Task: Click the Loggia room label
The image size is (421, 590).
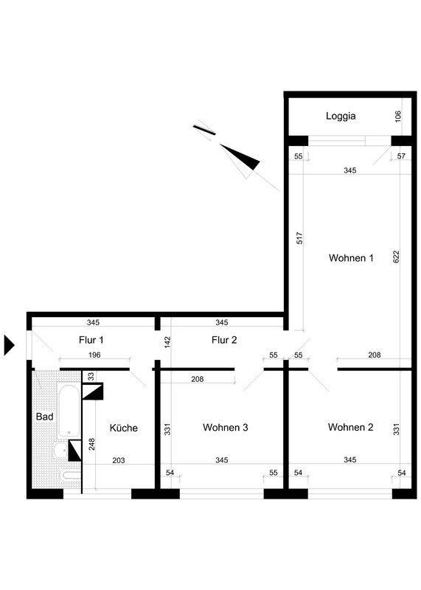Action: point(341,116)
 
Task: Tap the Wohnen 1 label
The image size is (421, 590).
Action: point(351,257)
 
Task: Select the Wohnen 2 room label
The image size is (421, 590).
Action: point(350,427)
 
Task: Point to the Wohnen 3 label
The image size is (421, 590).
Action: point(225,427)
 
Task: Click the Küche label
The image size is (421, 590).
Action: point(123,428)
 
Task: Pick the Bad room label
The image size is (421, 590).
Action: point(44,416)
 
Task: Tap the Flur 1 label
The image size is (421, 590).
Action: point(91,340)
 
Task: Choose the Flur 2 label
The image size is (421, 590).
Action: point(224,340)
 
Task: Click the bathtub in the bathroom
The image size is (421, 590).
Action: point(69,409)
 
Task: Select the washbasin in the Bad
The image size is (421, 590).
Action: point(61,450)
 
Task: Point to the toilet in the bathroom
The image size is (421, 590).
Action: point(71,475)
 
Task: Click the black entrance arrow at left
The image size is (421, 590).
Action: point(9,344)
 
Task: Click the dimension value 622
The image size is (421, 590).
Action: point(396,256)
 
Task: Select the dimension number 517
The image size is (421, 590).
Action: point(299,237)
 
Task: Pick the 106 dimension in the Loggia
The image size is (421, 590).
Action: point(398,117)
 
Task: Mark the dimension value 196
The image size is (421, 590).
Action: point(94,355)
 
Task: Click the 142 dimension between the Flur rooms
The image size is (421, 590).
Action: point(167,341)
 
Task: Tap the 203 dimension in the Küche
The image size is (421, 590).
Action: point(119,460)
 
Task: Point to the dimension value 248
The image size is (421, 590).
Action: point(91,444)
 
